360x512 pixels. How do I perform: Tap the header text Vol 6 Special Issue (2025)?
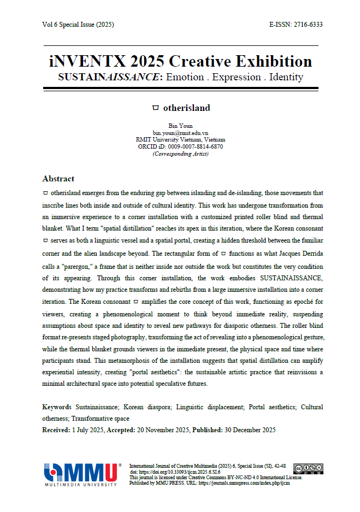pyautogui.click(x=78, y=25)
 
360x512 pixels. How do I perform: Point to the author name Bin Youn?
pyautogui.click(x=180, y=126)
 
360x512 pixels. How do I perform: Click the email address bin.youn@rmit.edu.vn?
pyautogui.click(x=180, y=133)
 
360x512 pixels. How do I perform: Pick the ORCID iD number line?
pyautogui.click(x=180, y=146)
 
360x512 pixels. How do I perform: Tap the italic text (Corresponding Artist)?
pyautogui.click(x=180, y=154)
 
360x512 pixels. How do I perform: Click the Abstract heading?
pyautogui.click(x=58, y=179)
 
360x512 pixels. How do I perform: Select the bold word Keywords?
pyautogui.click(x=57, y=407)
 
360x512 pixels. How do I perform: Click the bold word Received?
pyautogui.click(x=56, y=430)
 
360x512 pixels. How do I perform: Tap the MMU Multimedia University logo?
pyautogui.click(x=82, y=474)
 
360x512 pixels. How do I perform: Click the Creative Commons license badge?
pyautogui.click(x=308, y=468)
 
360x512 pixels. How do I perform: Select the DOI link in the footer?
pyautogui.click(x=175, y=471)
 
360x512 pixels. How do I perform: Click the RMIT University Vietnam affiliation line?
pyautogui.click(x=180, y=139)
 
